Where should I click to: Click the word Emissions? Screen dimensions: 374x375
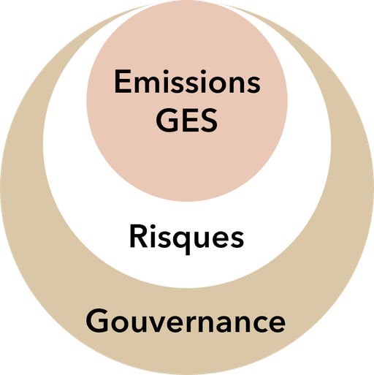click(x=187, y=81)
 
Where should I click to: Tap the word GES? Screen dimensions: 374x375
click(x=187, y=121)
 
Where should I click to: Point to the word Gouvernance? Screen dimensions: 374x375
click(x=186, y=321)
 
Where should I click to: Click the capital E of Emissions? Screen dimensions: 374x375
click(x=123, y=81)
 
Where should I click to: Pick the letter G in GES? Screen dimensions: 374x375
click(x=168, y=121)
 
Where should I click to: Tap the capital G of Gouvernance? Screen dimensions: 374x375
click(x=98, y=321)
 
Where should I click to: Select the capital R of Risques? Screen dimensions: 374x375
click(x=139, y=235)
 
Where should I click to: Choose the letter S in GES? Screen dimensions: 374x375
click(x=209, y=121)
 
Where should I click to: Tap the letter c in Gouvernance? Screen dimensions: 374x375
click(x=256, y=324)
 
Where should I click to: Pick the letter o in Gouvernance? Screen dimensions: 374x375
click(x=121, y=324)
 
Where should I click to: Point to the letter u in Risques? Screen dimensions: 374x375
click(x=201, y=239)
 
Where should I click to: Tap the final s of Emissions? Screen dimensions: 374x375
click(x=254, y=84)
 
